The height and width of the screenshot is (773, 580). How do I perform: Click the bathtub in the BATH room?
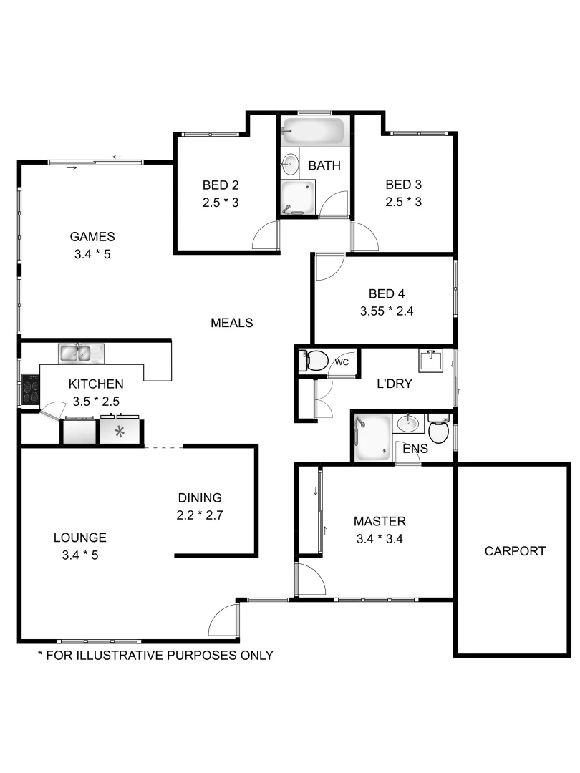click(314, 131)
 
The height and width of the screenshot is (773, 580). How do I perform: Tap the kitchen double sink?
click(81, 353)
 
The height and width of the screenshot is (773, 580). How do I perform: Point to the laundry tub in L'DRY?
click(431, 361)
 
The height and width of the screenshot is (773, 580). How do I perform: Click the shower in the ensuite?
click(372, 437)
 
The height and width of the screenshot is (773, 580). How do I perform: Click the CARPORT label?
click(515, 551)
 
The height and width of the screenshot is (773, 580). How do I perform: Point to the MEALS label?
click(231, 323)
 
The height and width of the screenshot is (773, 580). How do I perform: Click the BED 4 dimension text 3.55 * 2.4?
click(387, 311)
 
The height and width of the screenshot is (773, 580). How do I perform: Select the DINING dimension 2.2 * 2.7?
click(200, 515)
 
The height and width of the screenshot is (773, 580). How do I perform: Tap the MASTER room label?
click(380, 521)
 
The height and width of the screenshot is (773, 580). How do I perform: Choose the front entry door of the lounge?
click(223, 620)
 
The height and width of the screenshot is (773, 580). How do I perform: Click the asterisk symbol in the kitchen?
click(120, 432)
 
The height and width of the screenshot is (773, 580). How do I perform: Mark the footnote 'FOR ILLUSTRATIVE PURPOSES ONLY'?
click(155, 655)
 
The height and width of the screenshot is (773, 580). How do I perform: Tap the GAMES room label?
click(92, 237)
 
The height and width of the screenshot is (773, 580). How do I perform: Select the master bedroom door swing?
click(309, 580)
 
